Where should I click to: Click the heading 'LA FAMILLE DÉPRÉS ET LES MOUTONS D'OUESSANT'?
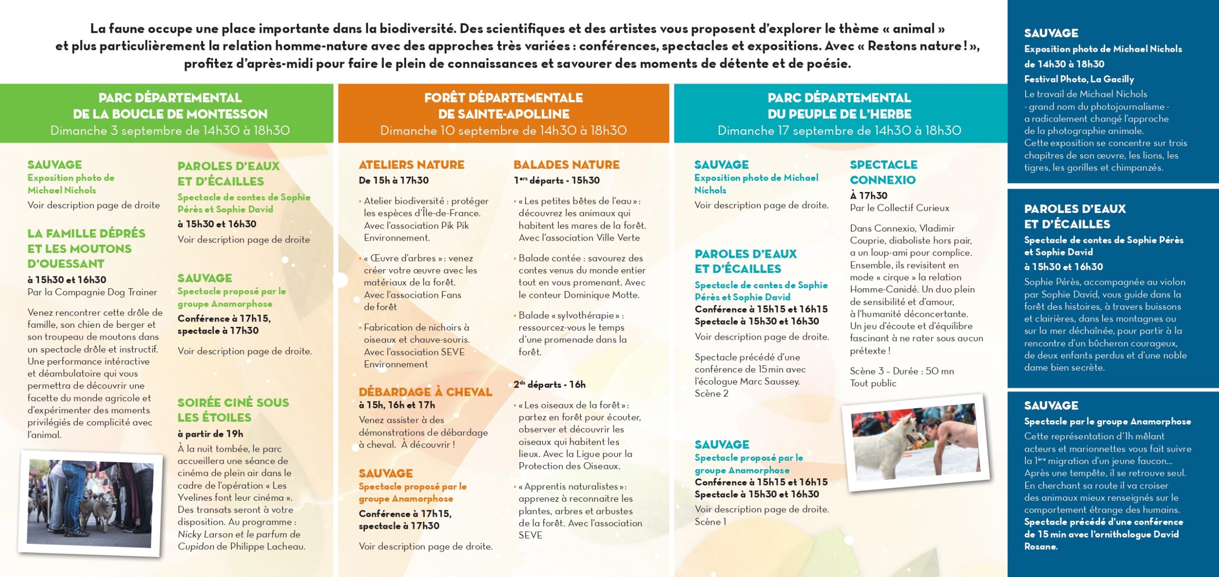(86, 248)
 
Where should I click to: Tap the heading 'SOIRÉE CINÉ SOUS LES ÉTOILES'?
(233, 410)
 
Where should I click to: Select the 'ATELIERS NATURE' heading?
(411, 165)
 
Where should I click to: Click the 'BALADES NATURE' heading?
(566, 165)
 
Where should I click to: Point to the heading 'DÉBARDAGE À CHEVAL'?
(425, 392)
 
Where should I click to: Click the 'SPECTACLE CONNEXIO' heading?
(883, 172)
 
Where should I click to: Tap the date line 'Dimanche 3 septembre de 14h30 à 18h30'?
(170, 131)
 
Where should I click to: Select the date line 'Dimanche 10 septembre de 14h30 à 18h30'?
(503, 131)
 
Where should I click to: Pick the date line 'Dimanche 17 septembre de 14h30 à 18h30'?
(839, 131)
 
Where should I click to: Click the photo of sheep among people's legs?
(90, 503)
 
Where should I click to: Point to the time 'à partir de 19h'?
(210, 434)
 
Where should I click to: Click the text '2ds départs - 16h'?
(549, 385)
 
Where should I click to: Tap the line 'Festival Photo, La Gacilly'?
(1079, 79)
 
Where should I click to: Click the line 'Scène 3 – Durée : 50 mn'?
(901, 371)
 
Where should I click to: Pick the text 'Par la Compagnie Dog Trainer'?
(92, 292)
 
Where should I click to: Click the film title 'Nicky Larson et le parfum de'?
(239, 534)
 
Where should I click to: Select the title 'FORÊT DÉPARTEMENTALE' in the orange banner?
(503, 98)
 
